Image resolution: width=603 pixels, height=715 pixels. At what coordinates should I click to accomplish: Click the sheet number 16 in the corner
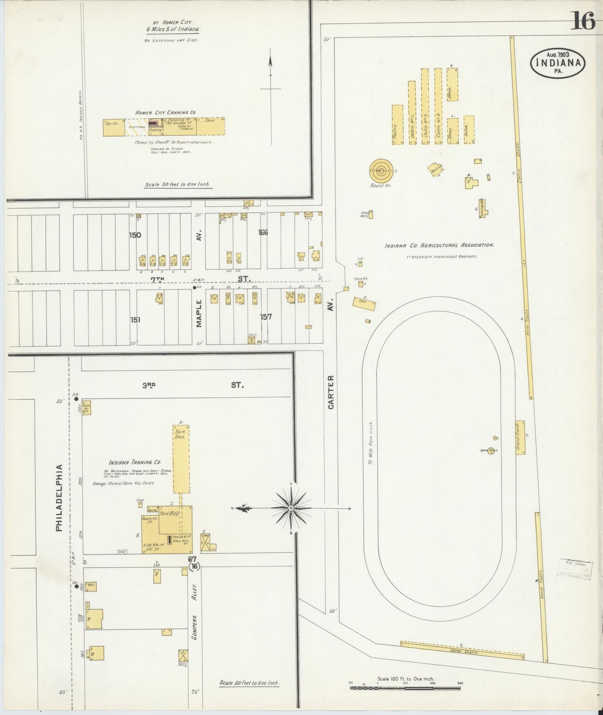click(583, 21)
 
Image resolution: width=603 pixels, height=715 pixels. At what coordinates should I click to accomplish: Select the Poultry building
click(397, 124)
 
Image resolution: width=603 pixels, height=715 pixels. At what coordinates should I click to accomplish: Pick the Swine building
click(469, 130)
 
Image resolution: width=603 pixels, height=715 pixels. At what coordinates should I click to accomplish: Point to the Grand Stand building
click(520, 437)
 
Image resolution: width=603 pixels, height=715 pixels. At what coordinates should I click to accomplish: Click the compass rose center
click(291, 508)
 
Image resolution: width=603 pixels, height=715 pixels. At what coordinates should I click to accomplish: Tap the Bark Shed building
click(181, 458)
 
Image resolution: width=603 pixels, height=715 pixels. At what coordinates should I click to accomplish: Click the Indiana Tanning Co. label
click(135, 462)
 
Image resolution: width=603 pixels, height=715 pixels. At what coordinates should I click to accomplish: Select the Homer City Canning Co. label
click(165, 113)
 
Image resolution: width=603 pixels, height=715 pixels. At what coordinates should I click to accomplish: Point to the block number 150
click(135, 235)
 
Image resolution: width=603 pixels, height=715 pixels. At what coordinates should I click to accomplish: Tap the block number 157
click(266, 317)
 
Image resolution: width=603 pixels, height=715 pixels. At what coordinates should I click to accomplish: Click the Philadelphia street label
click(59, 498)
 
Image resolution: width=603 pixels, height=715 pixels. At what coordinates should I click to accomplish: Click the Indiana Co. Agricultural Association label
click(439, 246)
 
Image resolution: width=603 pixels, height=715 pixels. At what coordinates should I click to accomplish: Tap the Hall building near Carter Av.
click(364, 304)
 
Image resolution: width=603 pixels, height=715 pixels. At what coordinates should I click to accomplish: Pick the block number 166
click(262, 232)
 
